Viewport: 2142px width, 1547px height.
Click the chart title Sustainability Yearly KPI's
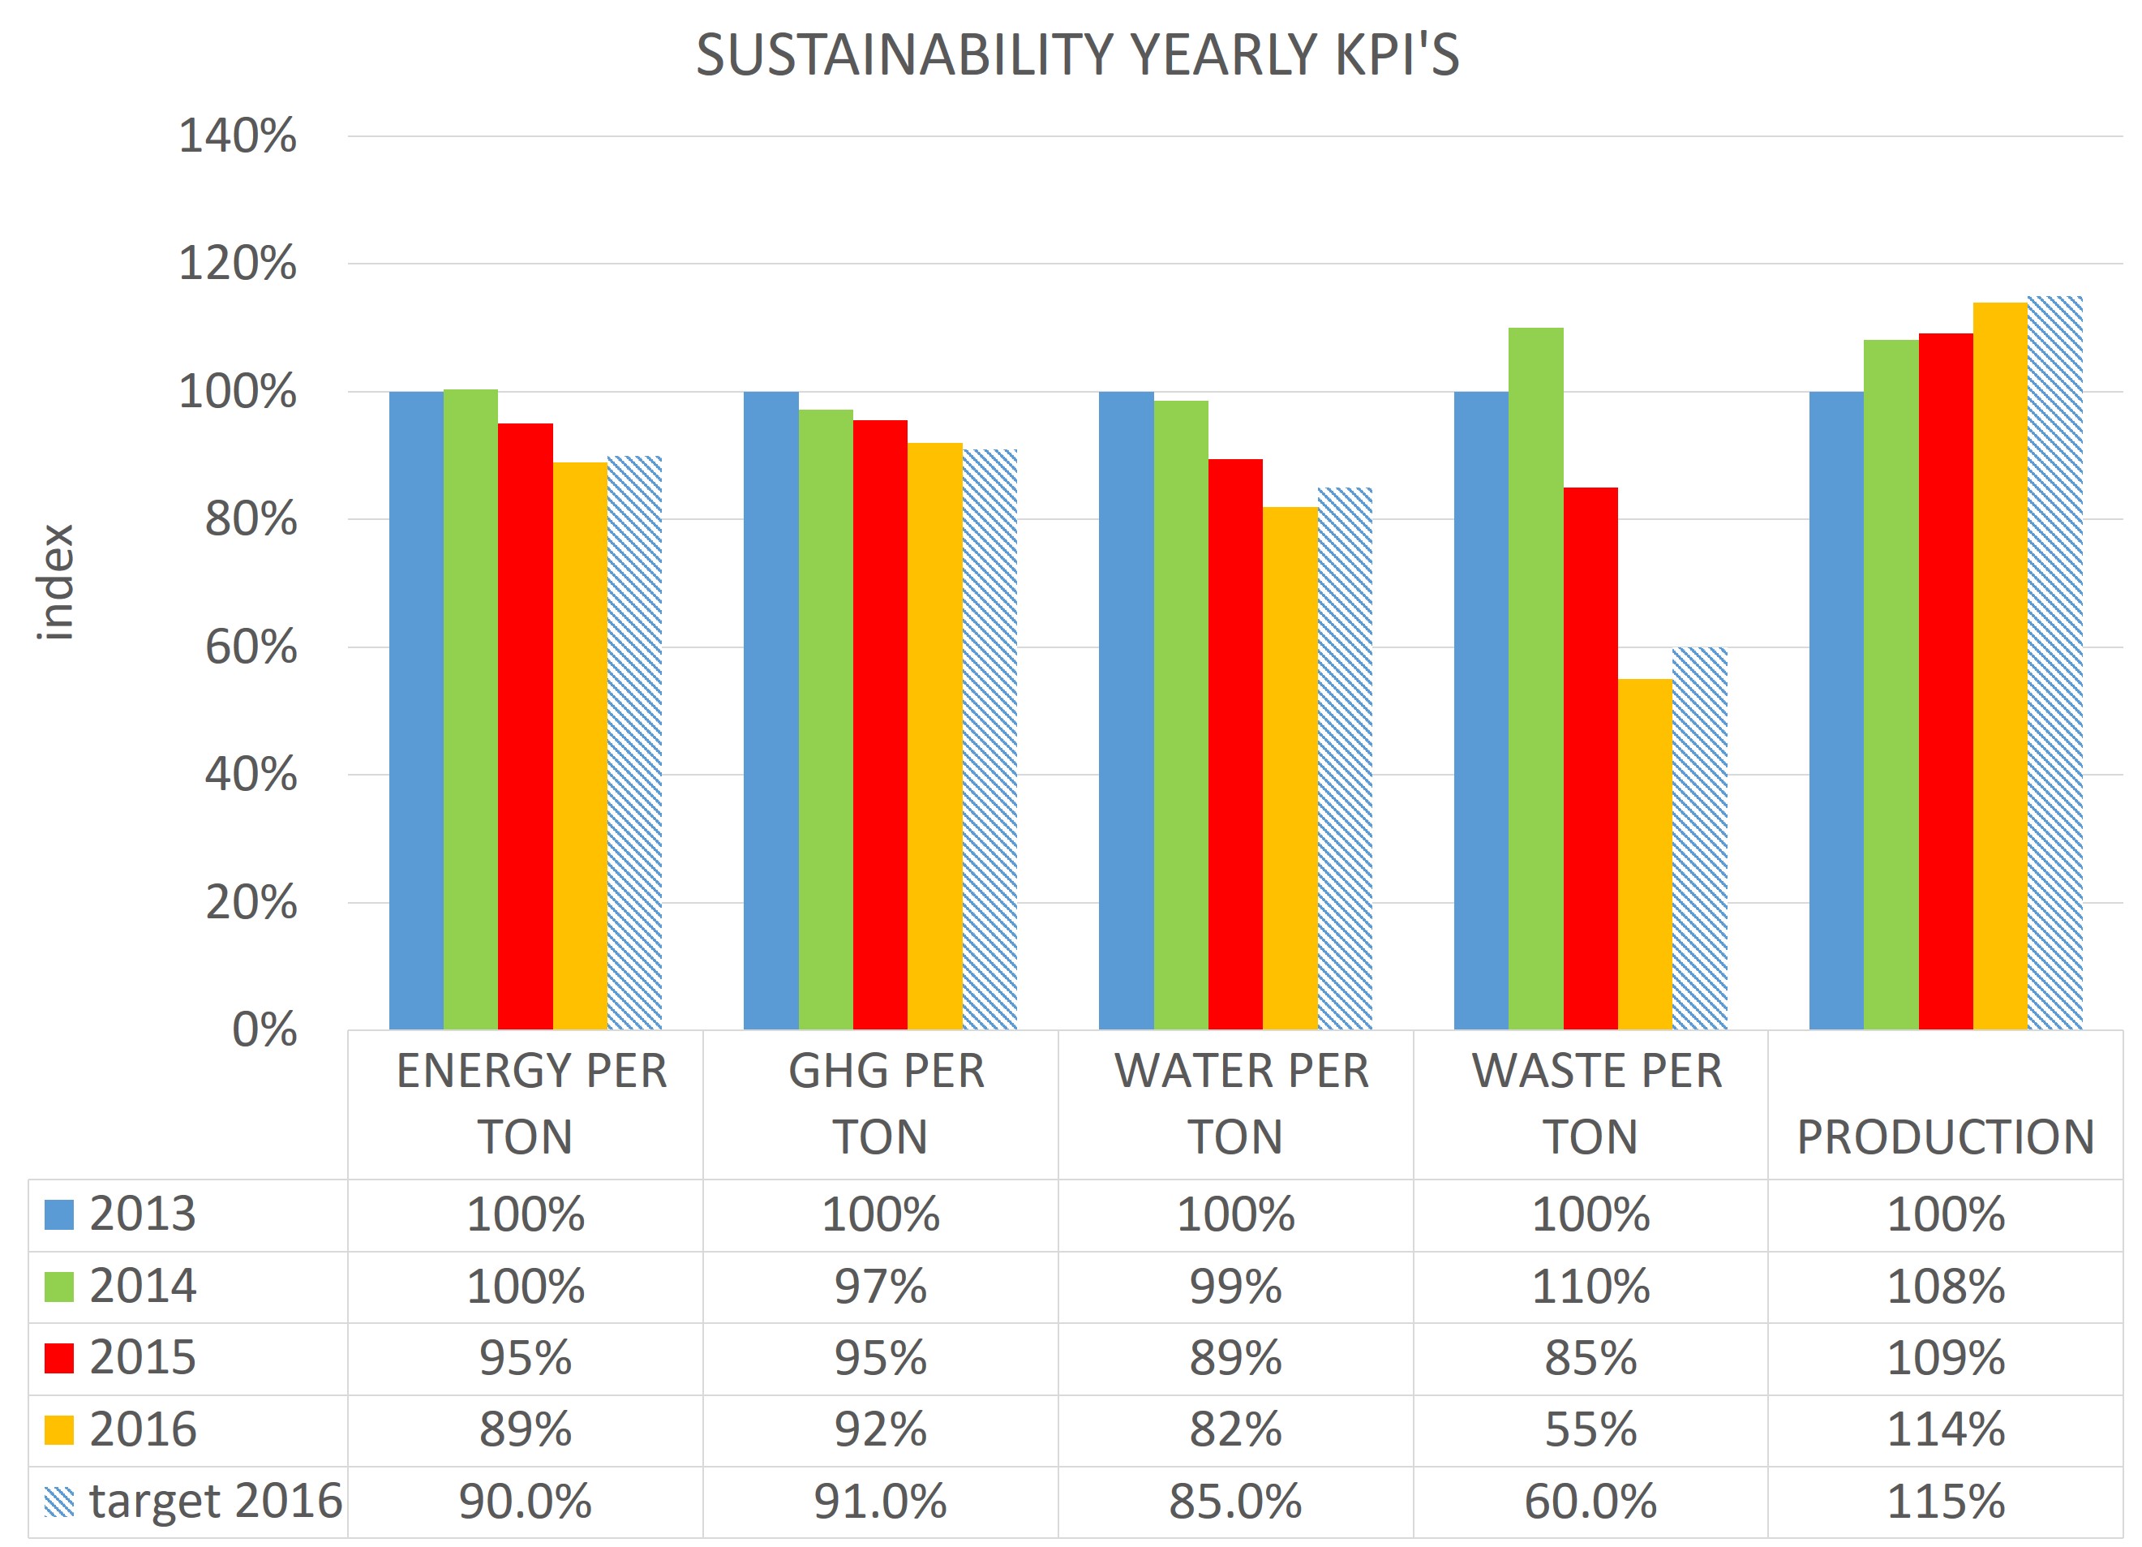[x=1076, y=55]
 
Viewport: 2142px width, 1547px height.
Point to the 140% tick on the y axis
[x=237, y=136]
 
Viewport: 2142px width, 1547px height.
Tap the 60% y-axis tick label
[x=251, y=648]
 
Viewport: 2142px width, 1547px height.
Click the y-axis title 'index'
[x=56, y=582]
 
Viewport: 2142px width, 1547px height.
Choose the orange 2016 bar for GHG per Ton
[x=935, y=736]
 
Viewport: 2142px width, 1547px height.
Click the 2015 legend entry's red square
[x=58, y=1358]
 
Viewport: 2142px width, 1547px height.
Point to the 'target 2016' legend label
[x=215, y=1502]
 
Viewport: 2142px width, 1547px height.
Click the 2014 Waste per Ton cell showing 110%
[x=1590, y=1287]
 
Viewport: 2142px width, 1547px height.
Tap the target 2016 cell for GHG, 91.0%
[x=880, y=1502]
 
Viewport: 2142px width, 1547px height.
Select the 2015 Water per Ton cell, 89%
[x=1235, y=1358]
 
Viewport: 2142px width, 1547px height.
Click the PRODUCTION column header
[x=1946, y=1137]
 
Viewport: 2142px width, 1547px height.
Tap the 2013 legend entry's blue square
[x=58, y=1214]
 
